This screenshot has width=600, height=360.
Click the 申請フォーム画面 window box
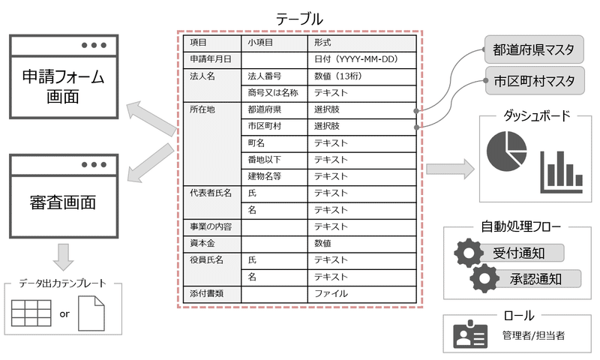[64, 77]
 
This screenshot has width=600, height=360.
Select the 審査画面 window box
[64, 196]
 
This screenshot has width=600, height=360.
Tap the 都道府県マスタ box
[534, 49]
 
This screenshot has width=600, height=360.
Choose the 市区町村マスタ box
[535, 81]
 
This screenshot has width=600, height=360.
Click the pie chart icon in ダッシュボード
[507, 151]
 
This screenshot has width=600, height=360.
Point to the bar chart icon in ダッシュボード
[561, 172]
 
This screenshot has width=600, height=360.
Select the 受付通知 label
[518, 253]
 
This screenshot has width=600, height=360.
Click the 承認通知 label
[535, 279]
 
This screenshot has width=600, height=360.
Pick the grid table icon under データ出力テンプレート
[31, 313]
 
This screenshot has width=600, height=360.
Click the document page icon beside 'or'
[91, 313]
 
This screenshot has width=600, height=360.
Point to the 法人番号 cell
[274, 76]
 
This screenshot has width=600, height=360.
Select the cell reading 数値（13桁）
[362, 76]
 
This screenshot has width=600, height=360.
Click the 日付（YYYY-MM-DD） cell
[362, 60]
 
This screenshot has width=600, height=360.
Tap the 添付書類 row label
[207, 294]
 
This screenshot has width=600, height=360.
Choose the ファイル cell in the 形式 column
[362, 294]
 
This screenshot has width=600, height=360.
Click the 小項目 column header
[274, 43]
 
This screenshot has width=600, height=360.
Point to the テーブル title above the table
[299, 19]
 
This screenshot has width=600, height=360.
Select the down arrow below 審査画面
[63, 256]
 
